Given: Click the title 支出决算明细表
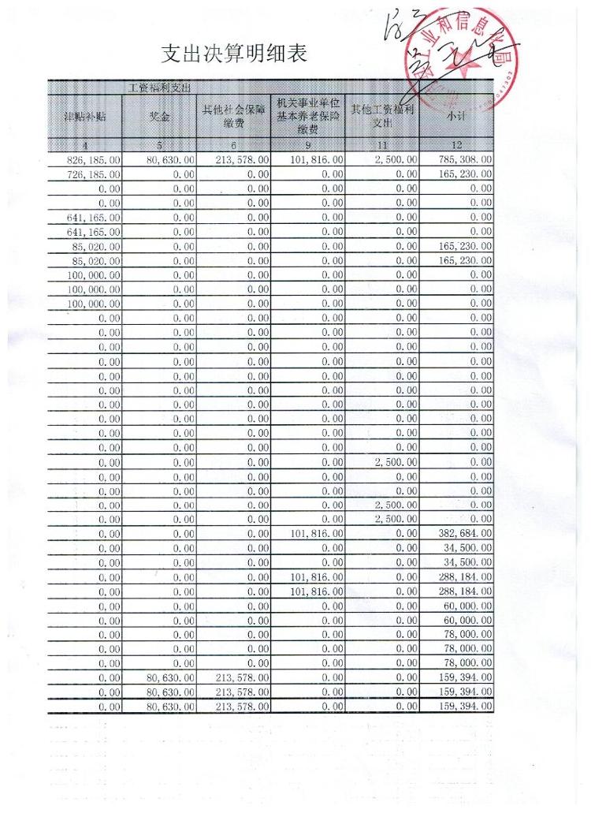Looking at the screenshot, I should (x=234, y=54).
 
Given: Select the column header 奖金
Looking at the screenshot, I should (x=159, y=116).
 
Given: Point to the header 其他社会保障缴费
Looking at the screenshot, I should (x=233, y=116).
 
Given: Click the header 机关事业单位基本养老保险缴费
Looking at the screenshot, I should (x=307, y=116).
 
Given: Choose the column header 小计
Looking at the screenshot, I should (x=456, y=116).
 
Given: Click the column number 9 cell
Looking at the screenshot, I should (x=307, y=145).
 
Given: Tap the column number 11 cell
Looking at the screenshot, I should (x=382, y=145).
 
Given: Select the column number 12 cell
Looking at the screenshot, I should (x=456, y=145).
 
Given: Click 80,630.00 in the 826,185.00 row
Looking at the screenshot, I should (x=170, y=160).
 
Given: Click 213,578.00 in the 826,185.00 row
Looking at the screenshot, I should (x=243, y=160).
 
